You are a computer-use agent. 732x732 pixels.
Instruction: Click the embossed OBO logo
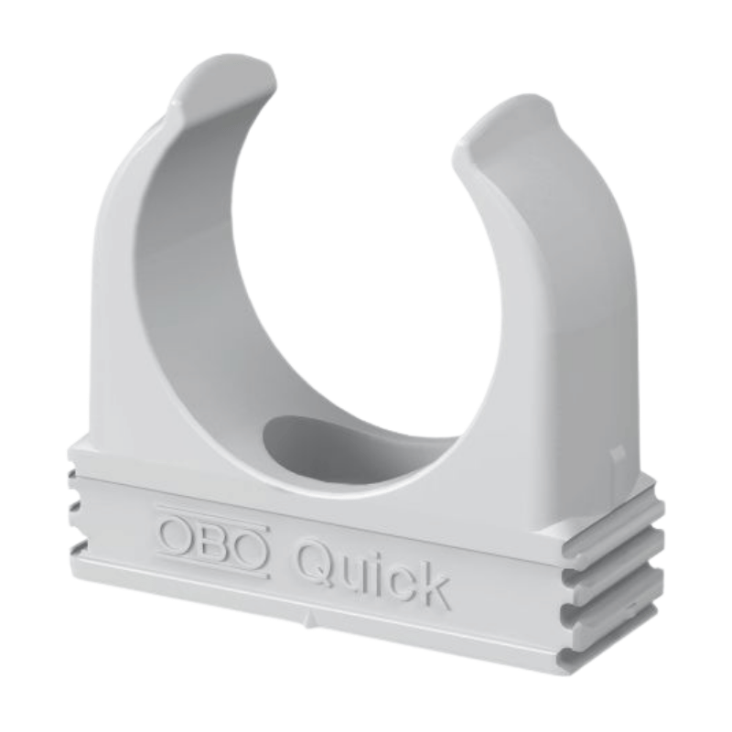pyautogui.click(x=214, y=541)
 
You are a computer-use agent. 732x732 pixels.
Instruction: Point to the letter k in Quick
pyautogui.click(x=431, y=586)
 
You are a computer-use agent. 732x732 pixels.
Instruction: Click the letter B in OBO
pyautogui.click(x=214, y=540)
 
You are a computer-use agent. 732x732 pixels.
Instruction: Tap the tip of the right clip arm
pyautogui.click(x=512, y=114)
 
